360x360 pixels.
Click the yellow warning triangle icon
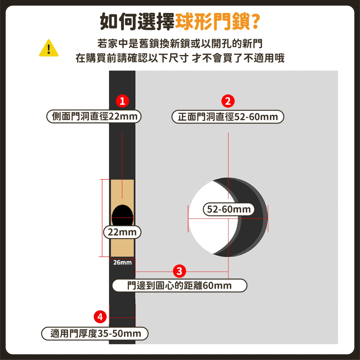pos(49,48)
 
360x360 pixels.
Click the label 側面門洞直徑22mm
pos(94,117)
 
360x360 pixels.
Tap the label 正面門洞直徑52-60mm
pos(228,117)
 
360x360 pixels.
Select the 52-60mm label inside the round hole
pos(229,209)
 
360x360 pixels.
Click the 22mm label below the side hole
pos(122,232)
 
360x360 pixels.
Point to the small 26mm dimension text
pos(122,262)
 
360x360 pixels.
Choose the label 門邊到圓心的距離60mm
pos(180,286)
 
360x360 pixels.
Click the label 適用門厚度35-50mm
pos(95,334)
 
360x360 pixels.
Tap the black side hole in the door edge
pos(122,215)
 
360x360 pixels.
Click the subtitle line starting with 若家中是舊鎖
pos(180,44)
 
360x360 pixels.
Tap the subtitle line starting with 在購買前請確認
pos(180,58)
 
